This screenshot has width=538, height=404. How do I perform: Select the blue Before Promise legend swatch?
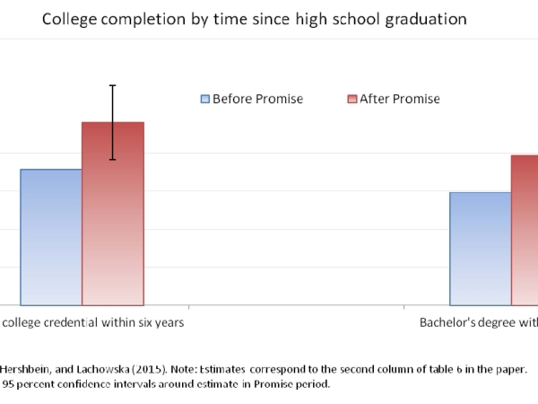(x=205, y=99)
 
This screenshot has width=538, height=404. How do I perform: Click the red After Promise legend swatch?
(x=352, y=99)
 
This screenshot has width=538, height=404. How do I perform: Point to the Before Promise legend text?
(x=257, y=99)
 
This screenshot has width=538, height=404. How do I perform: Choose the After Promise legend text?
(x=399, y=99)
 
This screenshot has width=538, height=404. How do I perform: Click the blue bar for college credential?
(x=51, y=237)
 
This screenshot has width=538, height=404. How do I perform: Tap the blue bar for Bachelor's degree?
(x=480, y=249)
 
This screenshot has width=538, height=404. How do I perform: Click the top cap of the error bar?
(x=113, y=85)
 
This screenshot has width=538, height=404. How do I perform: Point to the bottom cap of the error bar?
(x=113, y=160)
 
